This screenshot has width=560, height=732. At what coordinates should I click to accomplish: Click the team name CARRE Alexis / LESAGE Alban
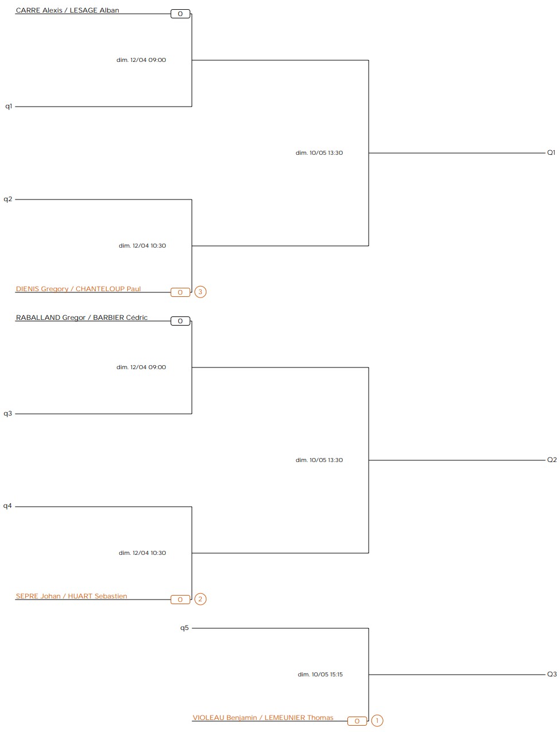(x=68, y=10)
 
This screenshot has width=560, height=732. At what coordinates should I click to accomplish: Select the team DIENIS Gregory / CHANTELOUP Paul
(x=79, y=289)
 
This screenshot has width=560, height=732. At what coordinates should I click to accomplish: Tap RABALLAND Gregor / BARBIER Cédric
(x=82, y=318)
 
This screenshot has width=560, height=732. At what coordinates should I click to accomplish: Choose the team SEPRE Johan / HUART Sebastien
(x=72, y=596)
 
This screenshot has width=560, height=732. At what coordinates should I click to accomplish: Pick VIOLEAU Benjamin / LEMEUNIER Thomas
(x=263, y=718)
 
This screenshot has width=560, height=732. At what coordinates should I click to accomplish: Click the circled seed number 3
(x=200, y=292)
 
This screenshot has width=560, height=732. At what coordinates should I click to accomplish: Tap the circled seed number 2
(x=200, y=599)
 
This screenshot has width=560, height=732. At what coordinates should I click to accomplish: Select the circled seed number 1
(x=377, y=721)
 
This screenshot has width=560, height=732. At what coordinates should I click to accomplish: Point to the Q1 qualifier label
(x=551, y=152)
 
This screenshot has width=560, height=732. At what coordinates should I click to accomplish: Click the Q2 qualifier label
(x=552, y=460)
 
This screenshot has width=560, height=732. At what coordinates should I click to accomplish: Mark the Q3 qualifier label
(x=552, y=674)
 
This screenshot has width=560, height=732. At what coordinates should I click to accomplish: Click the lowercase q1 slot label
(x=9, y=106)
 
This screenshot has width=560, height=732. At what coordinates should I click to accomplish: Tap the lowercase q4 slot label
(x=7, y=506)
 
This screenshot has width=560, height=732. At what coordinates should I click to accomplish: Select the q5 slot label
(x=185, y=628)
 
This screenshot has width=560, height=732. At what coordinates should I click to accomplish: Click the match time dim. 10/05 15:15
(x=320, y=675)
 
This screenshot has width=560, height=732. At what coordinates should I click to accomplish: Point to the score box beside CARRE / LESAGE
(x=180, y=14)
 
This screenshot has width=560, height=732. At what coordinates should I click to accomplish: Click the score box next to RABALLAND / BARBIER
(x=180, y=321)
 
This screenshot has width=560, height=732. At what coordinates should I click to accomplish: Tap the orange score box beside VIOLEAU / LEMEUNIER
(x=357, y=721)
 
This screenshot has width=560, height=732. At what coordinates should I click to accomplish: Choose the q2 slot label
(x=8, y=199)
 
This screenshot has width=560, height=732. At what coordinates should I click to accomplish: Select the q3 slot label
(x=7, y=413)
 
